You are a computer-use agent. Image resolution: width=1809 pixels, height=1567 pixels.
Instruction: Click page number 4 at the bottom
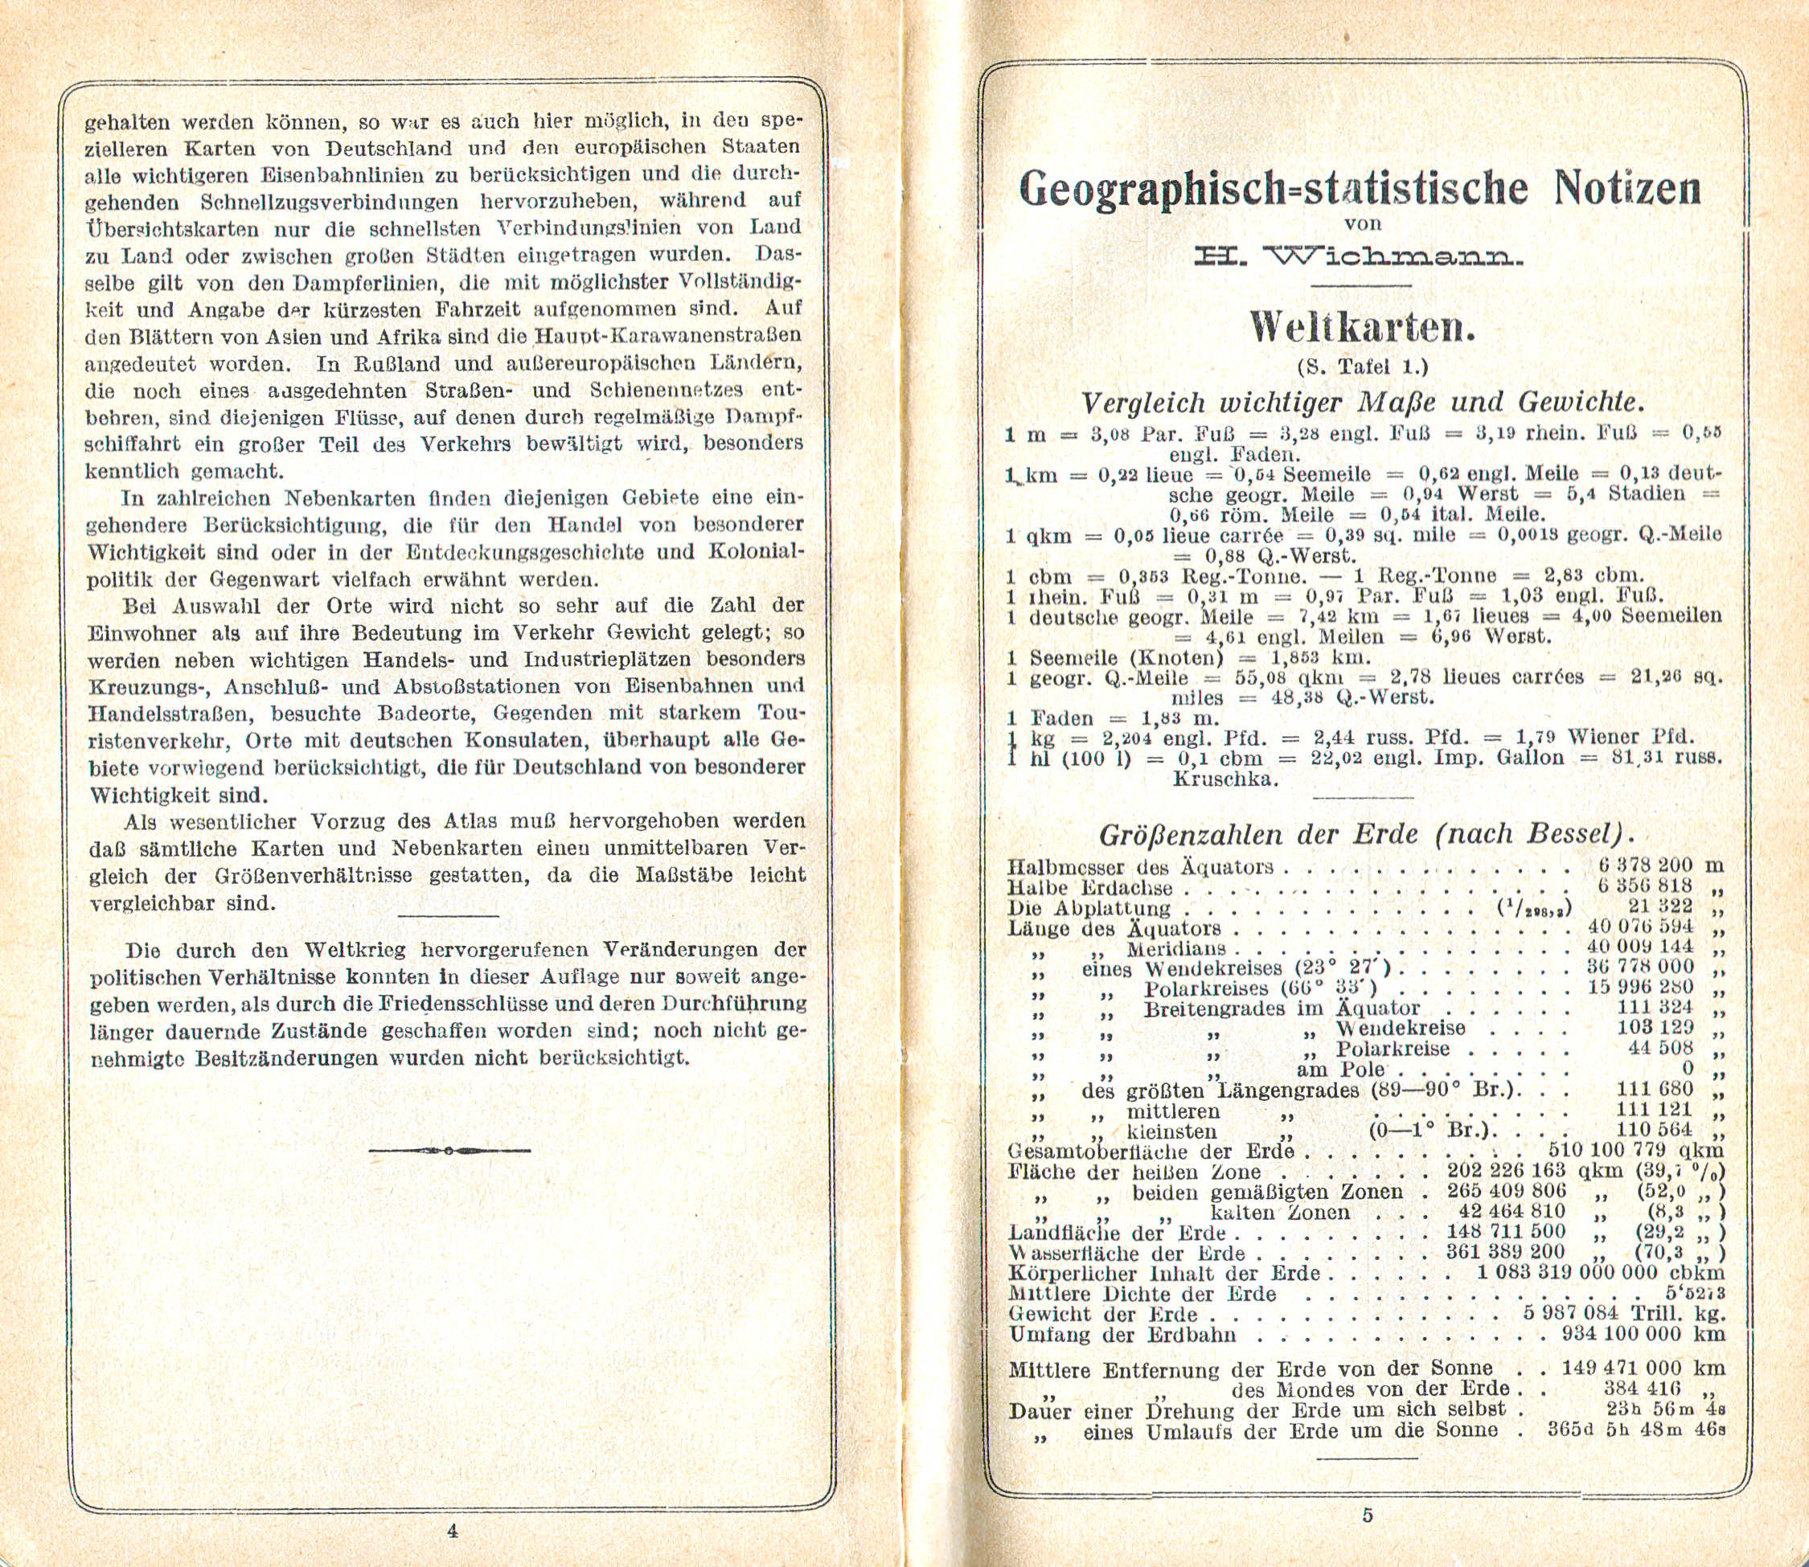click(x=452, y=1530)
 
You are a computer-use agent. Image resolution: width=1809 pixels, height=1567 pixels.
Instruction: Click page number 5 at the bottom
click(x=1368, y=1516)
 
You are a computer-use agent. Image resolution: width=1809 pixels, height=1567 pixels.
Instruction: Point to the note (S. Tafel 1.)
click(x=1362, y=366)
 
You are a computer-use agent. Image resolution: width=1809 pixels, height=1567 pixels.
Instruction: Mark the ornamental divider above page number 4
click(x=449, y=1150)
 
